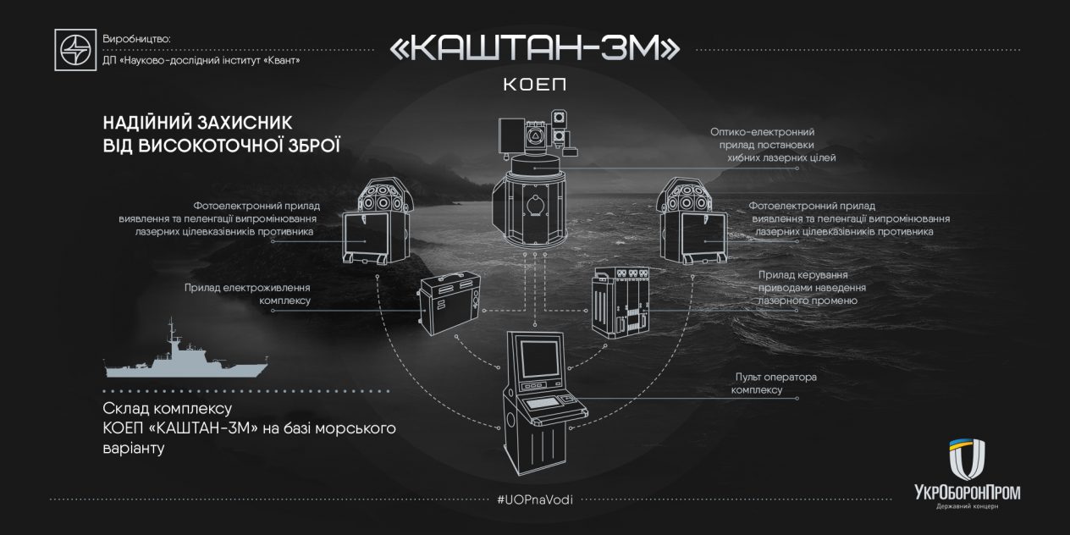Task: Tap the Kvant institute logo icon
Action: point(75,50)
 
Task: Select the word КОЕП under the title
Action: point(534,85)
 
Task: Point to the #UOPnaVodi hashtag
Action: point(534,499)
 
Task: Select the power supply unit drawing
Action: point(449,302)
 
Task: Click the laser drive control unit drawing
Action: point(620,302)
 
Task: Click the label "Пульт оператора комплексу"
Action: point(774,383)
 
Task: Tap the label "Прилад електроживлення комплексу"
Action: point(247,295)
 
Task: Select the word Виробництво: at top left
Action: point(136,39)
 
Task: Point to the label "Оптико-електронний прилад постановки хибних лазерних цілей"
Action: point(773,145)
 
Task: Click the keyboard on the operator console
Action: point(543,404)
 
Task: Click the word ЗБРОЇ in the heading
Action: point(313,146)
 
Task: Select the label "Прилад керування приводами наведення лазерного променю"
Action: point(812,288)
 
